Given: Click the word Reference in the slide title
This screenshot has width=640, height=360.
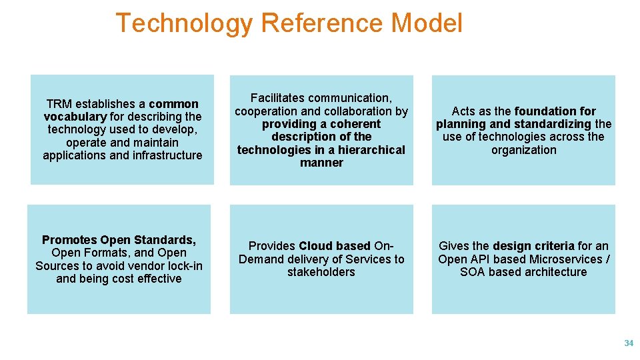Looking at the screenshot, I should (x=322, y=23).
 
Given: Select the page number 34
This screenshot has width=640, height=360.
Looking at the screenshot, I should (x=628, y=343).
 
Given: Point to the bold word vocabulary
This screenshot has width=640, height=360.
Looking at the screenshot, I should (x=75, y=117).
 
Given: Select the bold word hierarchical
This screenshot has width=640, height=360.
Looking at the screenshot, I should (x=371, y=150).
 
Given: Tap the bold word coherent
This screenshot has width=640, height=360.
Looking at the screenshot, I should (x=355, y=124).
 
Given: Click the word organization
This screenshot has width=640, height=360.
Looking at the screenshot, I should (x=523, y=150).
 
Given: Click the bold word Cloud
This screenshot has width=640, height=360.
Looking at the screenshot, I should (x=316, y=246).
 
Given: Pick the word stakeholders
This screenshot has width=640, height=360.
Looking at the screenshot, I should (x=321, y=272).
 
